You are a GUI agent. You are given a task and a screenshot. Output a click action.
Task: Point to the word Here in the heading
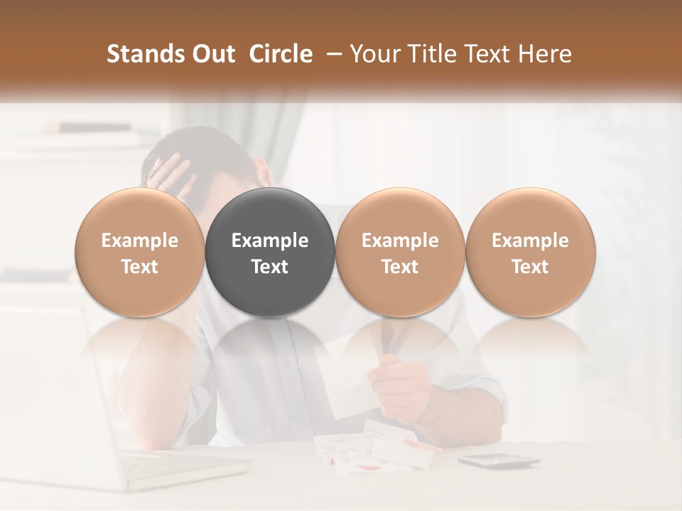tap(546, 54)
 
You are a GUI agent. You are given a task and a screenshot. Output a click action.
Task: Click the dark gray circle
tap(270, 252)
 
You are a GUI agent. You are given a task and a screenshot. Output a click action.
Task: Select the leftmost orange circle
tap(140, 252)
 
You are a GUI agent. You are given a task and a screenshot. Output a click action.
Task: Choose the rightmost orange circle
tap(530, 252)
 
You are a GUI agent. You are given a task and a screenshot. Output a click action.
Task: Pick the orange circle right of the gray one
tap(400, 252)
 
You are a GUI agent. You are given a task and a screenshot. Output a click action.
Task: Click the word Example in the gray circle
tap(270, 241)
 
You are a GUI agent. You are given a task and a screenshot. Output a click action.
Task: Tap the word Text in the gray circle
tap(270, 267)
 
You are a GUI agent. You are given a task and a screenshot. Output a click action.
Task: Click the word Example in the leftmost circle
tap(140, 241)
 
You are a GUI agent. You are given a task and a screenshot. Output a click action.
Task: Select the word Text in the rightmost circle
tap(530, 267)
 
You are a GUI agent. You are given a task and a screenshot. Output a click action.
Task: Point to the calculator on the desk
tap(497, 461)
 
